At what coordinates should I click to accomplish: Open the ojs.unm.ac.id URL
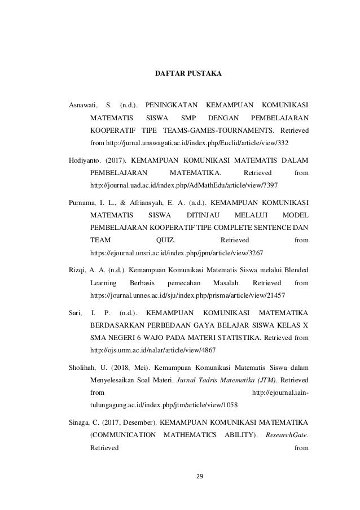[x=153, y=350]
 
